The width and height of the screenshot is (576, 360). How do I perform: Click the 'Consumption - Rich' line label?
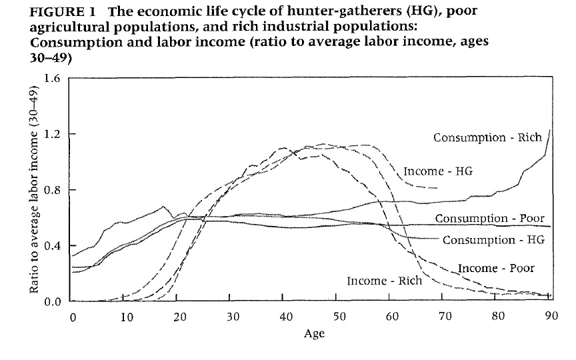(x=487, y=137)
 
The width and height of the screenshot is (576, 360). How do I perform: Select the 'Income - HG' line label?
(x=438, y=171)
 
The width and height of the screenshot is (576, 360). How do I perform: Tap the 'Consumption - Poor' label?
(x=490, y=219)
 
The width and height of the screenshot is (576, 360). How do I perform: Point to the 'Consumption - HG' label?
(x=493, y=239)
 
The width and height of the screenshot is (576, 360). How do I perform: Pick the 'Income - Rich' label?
(x=384, y=281)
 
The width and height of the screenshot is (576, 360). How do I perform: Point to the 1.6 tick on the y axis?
(x=52, y=79)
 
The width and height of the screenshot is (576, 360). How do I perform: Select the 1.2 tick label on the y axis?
(x=52, y=134)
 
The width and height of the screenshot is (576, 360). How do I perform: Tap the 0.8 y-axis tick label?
(x=52, y=190)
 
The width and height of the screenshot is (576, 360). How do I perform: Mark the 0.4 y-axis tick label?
(x=52, y=245)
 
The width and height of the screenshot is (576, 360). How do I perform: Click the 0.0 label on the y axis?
(x=52, y=301)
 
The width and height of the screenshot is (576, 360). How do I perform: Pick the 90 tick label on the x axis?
(x=549, y=317)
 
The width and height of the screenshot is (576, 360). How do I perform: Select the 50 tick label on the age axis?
(x=337, y=317)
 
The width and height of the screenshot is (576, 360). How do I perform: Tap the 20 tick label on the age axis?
(x=179, y=317)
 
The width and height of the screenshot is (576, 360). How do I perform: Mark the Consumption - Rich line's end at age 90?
(x=550, y=131)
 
